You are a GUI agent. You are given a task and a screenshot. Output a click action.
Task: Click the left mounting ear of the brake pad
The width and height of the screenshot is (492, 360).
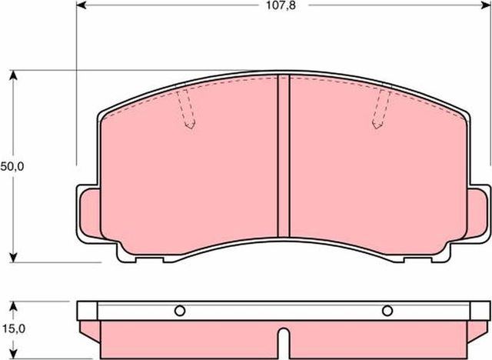pos(88,215)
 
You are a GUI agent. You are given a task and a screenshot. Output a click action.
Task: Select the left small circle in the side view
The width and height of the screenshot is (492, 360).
pos(180,311)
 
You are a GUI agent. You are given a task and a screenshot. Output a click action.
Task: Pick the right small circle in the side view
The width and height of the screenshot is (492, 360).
pos(387,311)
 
